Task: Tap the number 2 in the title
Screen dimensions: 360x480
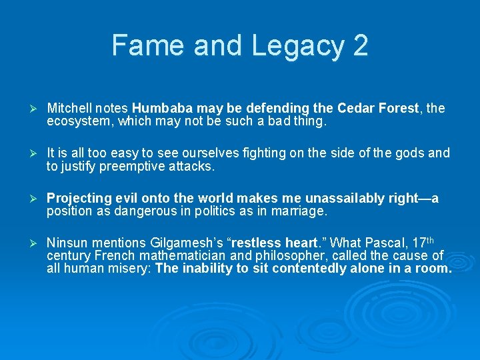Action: point(360,46)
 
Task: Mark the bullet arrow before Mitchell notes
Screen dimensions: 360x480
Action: point(29,109)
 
